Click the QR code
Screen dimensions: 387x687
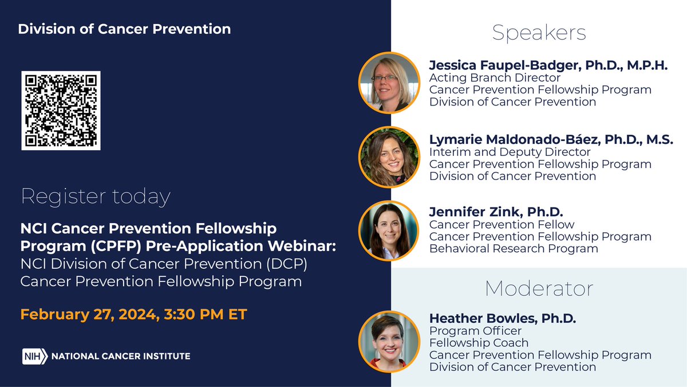click(x=61, y=111)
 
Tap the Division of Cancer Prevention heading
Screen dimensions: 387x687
click(x=124, y=29)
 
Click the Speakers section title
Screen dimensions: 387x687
click(x=539, y=33)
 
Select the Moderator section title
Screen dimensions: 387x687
click(x=539, y=288)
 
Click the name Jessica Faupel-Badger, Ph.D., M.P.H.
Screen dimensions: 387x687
click(x=548, y=65)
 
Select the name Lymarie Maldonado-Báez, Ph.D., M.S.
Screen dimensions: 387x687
click(x=551, y=139)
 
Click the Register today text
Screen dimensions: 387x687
click(x=96, y=197)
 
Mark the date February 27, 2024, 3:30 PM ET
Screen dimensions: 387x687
click(x=133, y=315)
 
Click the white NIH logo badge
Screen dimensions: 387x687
click(x=35, y=356)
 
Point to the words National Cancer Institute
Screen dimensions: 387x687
click(x=121, y=356)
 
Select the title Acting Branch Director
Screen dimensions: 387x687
click(x=495, y=78)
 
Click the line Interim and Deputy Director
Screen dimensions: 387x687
click(x=510, y=152)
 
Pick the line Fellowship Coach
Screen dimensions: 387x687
click(x=479, y=343)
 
